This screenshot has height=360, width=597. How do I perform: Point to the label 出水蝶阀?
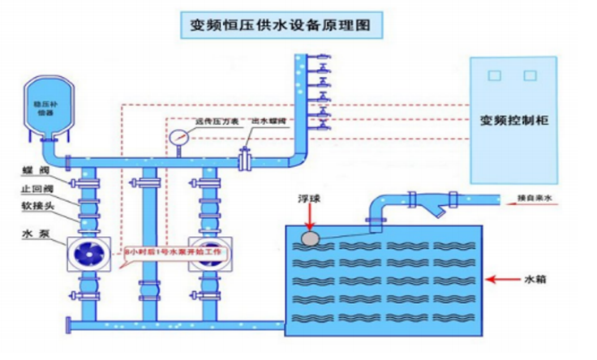pyautogui.click(x=267, y=122)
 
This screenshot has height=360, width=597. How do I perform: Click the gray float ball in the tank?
pyautogui.click(x=309, y=237)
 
